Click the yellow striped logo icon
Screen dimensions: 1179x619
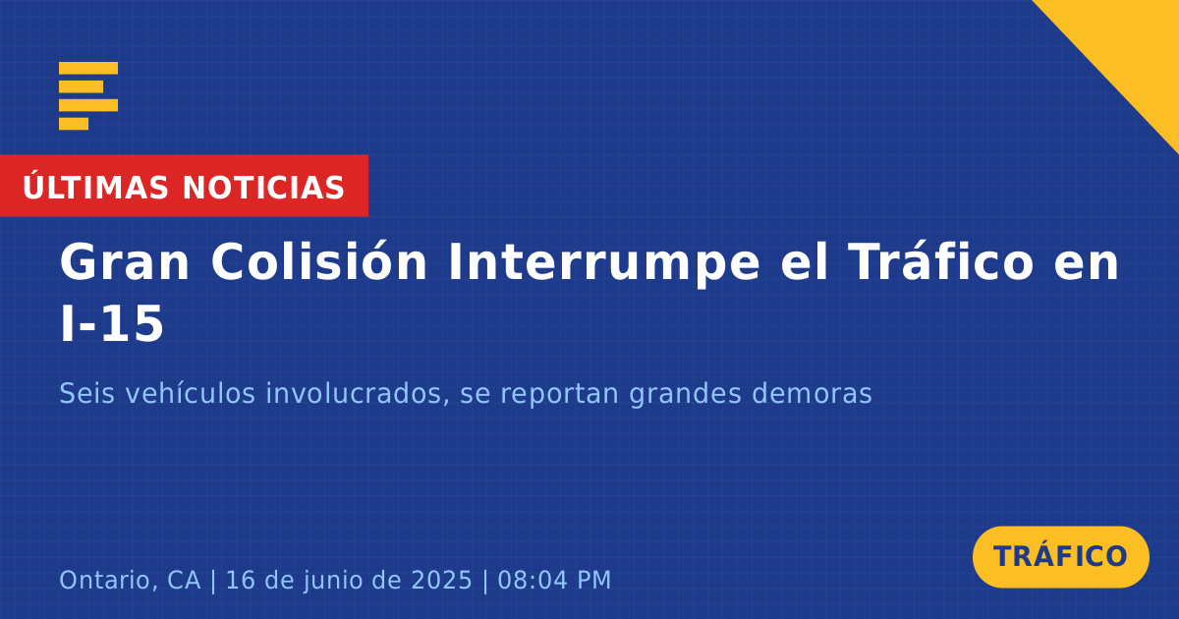coord(88,96)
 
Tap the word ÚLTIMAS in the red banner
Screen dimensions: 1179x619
coord(95,187)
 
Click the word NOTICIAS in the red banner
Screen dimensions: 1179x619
coord(263,188)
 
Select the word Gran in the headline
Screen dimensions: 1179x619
coord(124,262)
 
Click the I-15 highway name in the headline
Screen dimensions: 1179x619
coord(112,323)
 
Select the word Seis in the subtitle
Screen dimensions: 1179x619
coord(86,393)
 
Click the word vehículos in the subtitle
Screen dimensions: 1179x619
coord(190,393)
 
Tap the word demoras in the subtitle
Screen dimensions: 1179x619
coord(812,393)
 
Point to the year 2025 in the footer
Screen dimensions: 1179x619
coord(441,580)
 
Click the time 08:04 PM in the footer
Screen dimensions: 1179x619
coord(554,580)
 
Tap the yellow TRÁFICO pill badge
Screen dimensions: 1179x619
coord(1060,557)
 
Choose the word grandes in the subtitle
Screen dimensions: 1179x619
coord(686,394)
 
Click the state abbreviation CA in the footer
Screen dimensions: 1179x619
coord(184,580)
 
